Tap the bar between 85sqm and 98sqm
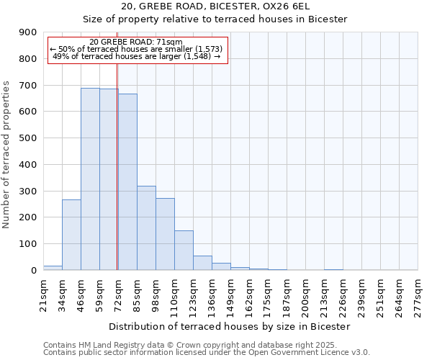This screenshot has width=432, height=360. click(146, 228)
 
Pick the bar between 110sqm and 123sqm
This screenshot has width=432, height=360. click(184, 250)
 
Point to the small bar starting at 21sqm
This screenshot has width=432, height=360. click(53, 268)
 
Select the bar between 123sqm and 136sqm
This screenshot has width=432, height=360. click(202, 263)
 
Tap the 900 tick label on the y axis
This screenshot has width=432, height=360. click(28, 32)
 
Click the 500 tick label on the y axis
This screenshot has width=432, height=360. click(28, 138)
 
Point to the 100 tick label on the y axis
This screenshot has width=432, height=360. click(28, 244)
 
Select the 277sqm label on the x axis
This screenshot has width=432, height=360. click(418, 295)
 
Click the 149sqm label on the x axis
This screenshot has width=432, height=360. click(230, 295)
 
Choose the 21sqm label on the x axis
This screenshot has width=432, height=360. click(43, 295)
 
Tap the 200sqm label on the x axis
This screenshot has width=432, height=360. click(305, 295)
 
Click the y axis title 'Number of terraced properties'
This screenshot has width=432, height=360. click(7, 155)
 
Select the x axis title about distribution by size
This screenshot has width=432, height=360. click(230, 326)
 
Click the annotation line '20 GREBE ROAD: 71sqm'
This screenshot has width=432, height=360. click(137, 42)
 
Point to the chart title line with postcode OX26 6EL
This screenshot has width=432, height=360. click(215, 6)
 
